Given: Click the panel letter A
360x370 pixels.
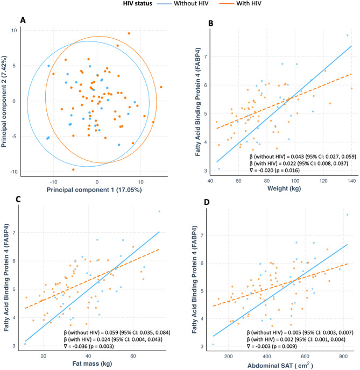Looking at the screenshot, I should tap(23, 20).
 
